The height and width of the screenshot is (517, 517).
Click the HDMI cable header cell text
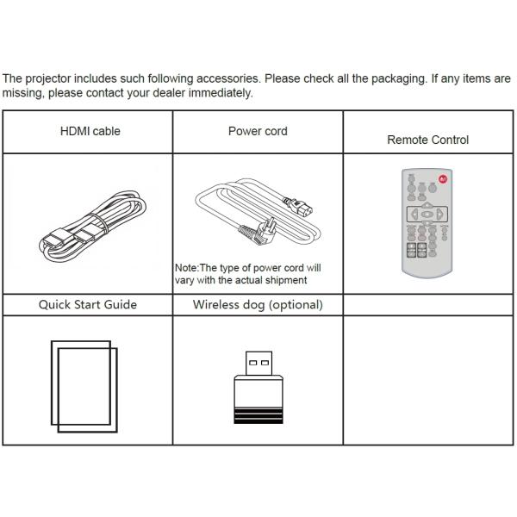tap(90, 132)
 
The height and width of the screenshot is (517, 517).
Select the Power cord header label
tap(258, 132)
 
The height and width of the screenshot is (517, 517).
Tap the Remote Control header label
tap(427, 140)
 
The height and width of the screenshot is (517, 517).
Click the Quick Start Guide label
tap(87, 304)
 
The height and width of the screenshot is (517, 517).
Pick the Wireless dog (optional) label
tap(258, 304)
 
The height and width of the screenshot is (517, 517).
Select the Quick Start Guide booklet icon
tap(84, 385)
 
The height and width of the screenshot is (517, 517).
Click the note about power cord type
tap(248, 274)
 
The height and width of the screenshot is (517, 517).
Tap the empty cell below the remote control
tap(427, 379)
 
